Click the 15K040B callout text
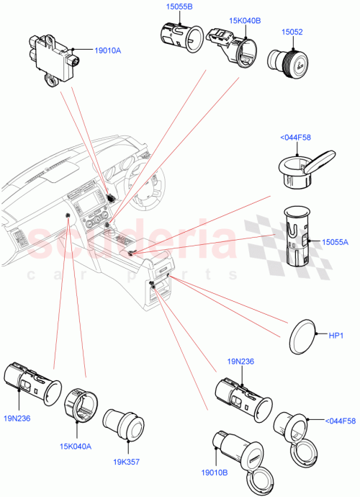(225, 20)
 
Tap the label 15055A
(333, 243)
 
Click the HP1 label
(336, 336)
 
